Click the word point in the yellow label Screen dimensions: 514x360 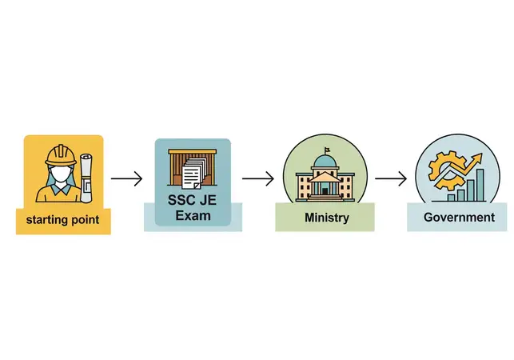(x=84, y=220)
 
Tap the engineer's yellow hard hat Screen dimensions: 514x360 (x=61, y=154)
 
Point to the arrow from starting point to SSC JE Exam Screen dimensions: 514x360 (x=126, y=178)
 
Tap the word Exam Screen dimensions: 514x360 (x=193, y=216)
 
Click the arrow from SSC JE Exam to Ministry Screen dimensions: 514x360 (x=258, y=178)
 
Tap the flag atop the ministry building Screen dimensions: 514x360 (x=327, y=150)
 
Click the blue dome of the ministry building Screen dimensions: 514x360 (x=325, y=162)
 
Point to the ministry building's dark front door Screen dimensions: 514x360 (x=325, y=191)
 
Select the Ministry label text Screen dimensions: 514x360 (x=327, y=218)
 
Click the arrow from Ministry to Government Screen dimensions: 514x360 (x=391, y=178)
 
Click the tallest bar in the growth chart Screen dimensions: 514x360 (x=480, y=185)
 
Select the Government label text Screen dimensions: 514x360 (x=459, y=218)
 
